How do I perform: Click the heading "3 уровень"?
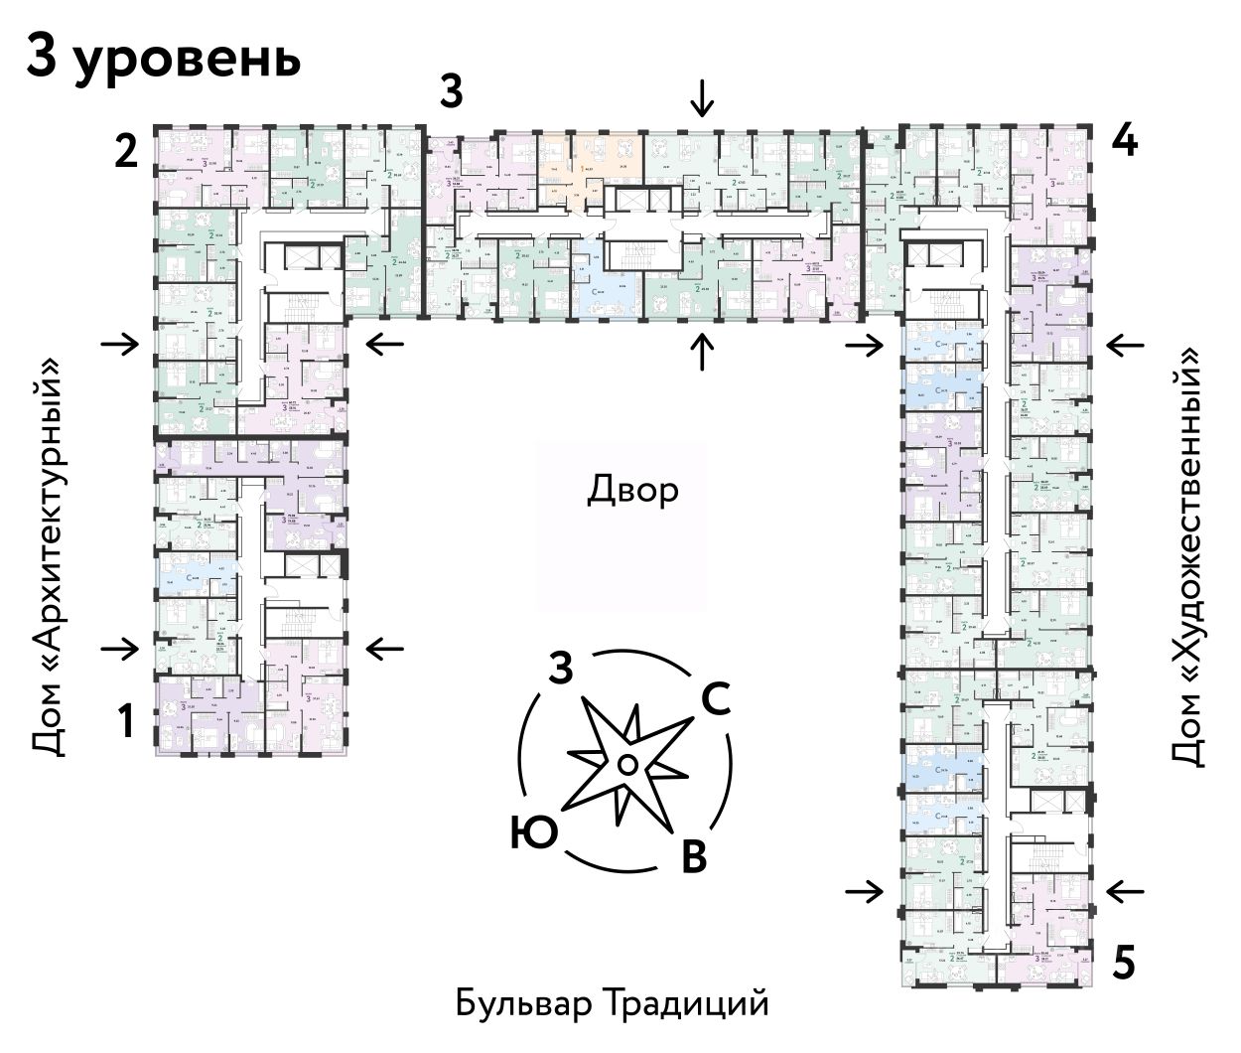[163, 59]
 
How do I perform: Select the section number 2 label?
[125, 153]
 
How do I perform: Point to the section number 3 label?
[452, 92]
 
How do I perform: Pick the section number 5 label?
[1124, 963]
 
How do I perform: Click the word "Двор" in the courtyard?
[633, 490]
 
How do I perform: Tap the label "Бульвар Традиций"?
[613, 1003]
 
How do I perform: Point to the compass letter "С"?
[717, 700]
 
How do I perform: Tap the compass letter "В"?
[693, 856]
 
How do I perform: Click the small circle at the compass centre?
[626, 763]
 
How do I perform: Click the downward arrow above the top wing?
[703, 98]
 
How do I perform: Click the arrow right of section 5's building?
[1126, 892]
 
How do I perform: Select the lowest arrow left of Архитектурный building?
[121, 649]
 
